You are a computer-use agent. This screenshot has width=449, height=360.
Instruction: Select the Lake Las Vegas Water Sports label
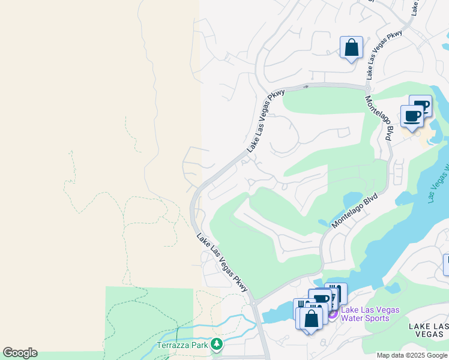[370, 313]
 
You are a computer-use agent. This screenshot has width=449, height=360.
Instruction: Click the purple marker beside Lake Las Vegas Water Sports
[333, 313]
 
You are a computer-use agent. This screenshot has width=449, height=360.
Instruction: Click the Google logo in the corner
[20, 353]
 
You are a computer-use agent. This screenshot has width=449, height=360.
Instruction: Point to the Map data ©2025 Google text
[412, 355]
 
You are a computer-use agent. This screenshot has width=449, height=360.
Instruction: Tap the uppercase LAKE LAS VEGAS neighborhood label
[429, 329]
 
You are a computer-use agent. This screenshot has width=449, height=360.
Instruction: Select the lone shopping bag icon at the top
[351, 47]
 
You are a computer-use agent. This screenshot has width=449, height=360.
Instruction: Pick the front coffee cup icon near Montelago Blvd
[411, 116]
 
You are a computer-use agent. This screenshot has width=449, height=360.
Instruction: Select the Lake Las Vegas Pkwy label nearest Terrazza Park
[222, 262]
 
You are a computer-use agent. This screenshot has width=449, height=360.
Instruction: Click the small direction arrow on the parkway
[306, 86]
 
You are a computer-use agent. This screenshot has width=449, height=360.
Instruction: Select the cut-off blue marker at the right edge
[446, 264]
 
